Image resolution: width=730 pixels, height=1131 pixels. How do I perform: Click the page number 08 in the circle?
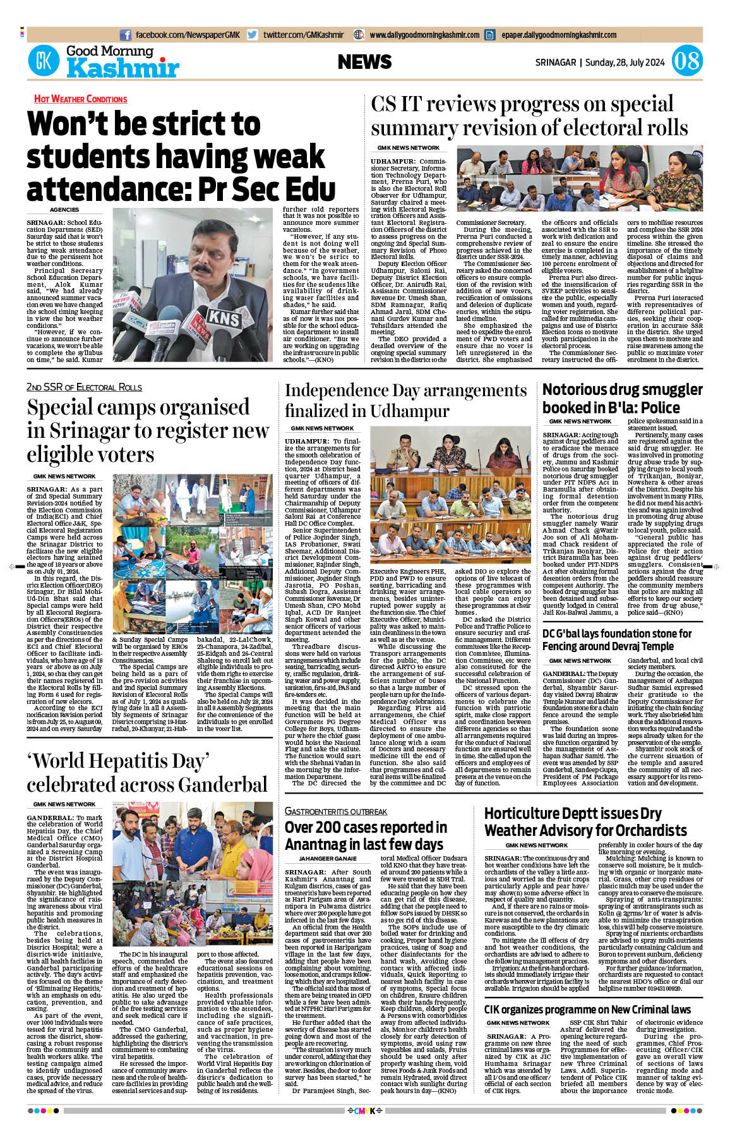click(x=686, y=61)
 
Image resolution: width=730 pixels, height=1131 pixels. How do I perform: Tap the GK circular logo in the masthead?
click(x=43, y=61)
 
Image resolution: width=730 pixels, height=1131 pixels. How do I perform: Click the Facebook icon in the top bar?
click(x=126, y=35)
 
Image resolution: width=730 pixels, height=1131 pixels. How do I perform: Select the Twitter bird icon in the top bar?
click(x=253, y=35)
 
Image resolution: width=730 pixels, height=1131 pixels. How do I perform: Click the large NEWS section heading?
click(x=364, y=62)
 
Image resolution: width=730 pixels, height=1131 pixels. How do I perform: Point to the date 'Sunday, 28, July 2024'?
click(x=625, y=63)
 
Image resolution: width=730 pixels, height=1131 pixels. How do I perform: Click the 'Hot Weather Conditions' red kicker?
click(x=80, y=99)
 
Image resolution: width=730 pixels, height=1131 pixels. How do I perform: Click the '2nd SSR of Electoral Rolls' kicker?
click(x=84, y=387)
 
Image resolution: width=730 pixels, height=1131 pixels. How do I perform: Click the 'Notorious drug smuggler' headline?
click(x=622, y=390)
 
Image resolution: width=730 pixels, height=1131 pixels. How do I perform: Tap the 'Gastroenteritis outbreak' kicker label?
click(x=335, y=811)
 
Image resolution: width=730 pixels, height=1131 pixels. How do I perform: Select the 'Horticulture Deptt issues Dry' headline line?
click(x=572, y=813)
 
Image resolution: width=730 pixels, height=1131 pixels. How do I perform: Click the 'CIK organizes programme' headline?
click(x=587, y=1010)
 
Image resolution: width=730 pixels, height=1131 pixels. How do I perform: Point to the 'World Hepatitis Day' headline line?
click(x=117, y=761)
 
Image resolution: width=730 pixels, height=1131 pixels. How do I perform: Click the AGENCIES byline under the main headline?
click(x=64, y=210)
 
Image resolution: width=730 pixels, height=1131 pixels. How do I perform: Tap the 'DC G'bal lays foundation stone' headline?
click(x=617, y=634)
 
